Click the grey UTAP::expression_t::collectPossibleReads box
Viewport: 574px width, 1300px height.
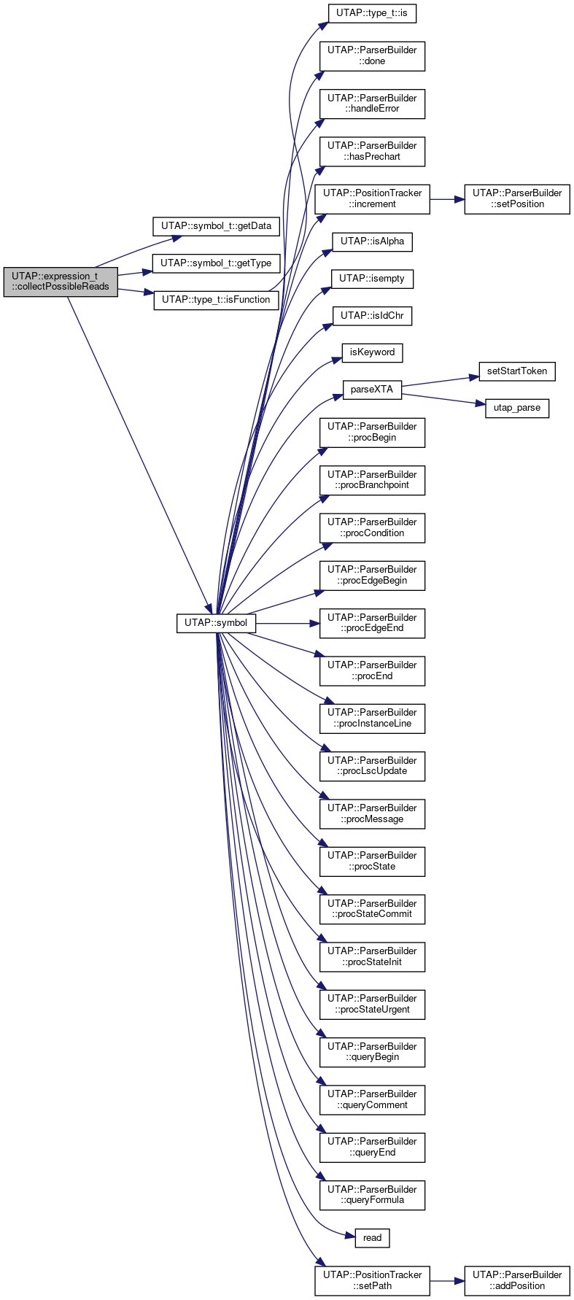point(61,281)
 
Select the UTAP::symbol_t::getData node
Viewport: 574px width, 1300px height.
point(216,226)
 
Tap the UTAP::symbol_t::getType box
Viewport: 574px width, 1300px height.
point(216,263)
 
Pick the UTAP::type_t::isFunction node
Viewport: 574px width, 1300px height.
point(216,300)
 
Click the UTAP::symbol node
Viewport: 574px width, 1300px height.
point(216,624)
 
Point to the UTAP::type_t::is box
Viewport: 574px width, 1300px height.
point(372,13)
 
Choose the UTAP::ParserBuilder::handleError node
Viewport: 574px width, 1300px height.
point(372,104)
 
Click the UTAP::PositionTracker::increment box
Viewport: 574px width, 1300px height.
point(372,198)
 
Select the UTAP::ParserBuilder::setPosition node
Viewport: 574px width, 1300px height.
point(517,198)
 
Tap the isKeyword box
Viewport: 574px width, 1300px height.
point(372,352)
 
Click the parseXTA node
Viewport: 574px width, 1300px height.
point(372,390)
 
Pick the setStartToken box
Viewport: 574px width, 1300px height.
point(517,371)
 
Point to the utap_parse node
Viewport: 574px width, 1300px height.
point(517,408)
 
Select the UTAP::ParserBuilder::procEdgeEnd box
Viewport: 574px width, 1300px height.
point(372,623)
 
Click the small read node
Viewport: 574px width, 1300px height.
point(372,1238)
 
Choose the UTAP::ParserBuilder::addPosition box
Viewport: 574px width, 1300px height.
point(517,1280)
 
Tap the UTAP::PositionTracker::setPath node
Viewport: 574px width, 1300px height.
point(372,1280)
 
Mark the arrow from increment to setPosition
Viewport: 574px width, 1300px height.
point(447,198)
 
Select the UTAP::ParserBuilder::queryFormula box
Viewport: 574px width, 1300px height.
point(372,1194)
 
